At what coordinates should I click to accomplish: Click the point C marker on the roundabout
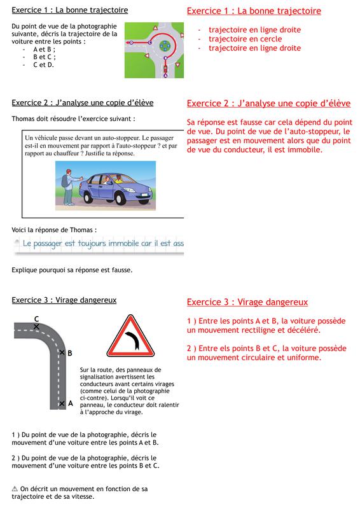(x=149, y=43)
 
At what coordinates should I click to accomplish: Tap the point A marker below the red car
(x=165, y=76)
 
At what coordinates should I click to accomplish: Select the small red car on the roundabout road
(x=165, y=69)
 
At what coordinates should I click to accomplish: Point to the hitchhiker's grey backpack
(x=65, y=182)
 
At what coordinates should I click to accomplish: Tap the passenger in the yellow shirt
(x=118, y=179)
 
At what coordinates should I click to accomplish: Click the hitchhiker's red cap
(x=68, y=171)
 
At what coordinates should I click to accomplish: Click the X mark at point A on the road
(x=62, y=404)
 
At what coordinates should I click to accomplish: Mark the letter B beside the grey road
(x=70, y=353)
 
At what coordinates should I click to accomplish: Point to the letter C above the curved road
(x=37, y=319)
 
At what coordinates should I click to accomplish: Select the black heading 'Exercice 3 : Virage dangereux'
(x=64, y=300)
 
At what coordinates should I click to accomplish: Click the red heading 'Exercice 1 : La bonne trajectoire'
(x=254, y=11)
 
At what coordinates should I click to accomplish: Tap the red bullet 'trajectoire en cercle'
(x=245, y=39)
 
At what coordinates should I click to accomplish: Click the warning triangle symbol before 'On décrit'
(x=15, y=489)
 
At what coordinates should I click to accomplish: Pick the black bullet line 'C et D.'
(x=43, y=65)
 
